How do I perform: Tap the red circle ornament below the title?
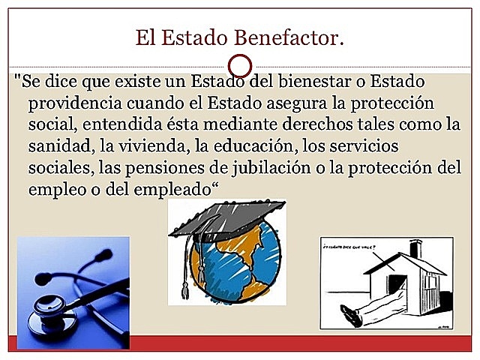(239, 64)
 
